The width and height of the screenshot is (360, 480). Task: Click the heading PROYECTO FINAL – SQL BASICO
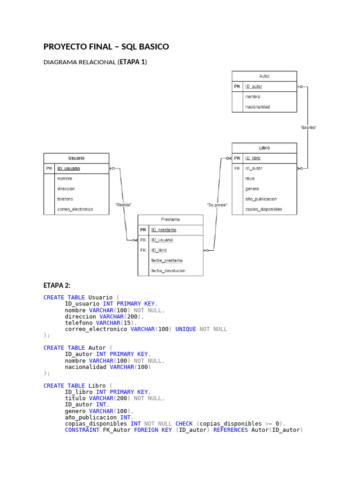pyautogui.click(x=106, y=47)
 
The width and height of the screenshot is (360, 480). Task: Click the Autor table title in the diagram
pyautogui.click(x=264, y=76)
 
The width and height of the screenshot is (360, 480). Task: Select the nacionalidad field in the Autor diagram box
pyautogui.click(x=257, y=107)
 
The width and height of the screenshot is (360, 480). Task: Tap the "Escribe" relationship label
pyautogui.click(x=308, y=127)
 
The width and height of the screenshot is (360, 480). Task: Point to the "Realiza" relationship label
pyautogui.click(x=123, y=204)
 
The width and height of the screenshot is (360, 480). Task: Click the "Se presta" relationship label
pyautogui.click(x=217, y=205)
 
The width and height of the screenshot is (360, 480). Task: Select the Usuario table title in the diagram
pyautogui.click(x=76, y=158)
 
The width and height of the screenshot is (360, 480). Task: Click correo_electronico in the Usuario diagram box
pyautogui.click(x=75, y=209)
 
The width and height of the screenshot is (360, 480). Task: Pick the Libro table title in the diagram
pyautogui.click(x=264, y=148)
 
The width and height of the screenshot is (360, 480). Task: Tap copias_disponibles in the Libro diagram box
pyautogui.click(x=263, y=209)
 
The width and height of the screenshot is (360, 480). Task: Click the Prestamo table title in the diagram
pyautogui.click(x=170, y=219)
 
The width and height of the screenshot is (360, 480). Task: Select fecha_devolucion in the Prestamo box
pyautogui.click(x=168, y=270)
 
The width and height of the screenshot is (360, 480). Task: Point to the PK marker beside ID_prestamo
pyautogui.click(x=143, y=230)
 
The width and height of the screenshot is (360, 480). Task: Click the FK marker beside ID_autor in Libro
pyautogui.click(x=237, y=168)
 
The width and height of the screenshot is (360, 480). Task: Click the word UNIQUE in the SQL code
pyautogui.click(x=186, y=329)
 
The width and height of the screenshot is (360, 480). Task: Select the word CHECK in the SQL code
pyautogui.click(x=184, y=423)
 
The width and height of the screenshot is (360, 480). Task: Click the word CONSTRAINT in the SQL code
pyautogui.click(x=82, y=430)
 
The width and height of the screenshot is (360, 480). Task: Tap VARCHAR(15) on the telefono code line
pyautogui.click(x=115, y=322)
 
